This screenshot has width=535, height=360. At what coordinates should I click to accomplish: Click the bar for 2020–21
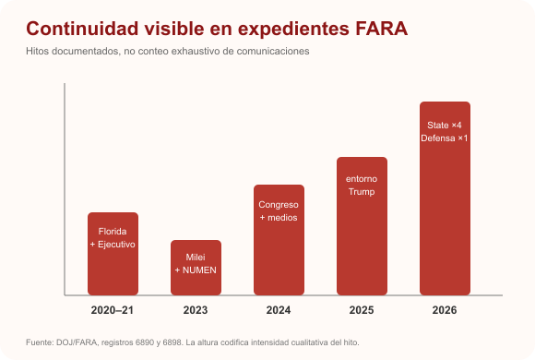[113, 254]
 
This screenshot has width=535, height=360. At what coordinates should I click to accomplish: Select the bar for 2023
[196, 268]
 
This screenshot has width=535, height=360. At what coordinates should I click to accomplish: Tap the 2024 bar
[279, 240]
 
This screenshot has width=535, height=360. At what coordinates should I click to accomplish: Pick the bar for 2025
[362, 226]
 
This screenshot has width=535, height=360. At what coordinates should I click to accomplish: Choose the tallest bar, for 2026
[445, 198]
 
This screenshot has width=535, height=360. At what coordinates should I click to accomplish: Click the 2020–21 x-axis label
[113, 310]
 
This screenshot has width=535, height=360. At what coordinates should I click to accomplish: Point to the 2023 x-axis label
[196, 310]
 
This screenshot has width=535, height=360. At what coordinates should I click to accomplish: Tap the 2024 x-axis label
[279, 310]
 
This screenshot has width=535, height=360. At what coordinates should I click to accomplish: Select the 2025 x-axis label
[362, 310]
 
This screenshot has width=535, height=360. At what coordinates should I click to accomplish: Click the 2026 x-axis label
[445, 310]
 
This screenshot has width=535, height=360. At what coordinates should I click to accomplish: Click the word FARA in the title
[382, 29]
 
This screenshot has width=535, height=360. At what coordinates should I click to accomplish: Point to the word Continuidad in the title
[82, 29]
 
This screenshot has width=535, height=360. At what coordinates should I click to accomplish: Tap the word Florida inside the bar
[113, 232]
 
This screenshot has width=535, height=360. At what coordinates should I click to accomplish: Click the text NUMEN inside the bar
[199, 270]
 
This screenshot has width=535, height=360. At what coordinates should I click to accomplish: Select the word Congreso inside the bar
[279, 205]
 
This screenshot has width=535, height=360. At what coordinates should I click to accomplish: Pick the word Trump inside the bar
[362, 192]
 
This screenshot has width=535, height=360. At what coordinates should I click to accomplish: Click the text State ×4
[445, 126]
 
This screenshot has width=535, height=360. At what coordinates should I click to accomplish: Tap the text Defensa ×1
[445, 138]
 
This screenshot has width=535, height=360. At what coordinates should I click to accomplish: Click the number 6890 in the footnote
[145, 342]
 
